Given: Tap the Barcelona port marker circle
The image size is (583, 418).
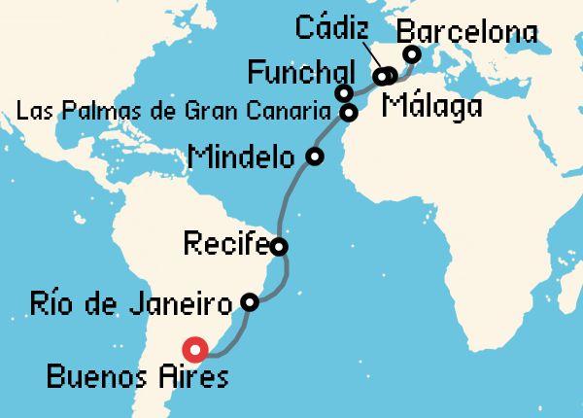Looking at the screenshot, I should pos(411,54).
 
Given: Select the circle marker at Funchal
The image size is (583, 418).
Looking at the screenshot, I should pos(343,93).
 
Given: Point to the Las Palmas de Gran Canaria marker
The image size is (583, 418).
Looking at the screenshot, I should pos(348,113).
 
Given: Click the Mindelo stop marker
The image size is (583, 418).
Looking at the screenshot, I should pos(314,156).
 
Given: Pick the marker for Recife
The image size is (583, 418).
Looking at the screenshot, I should pos(279,246).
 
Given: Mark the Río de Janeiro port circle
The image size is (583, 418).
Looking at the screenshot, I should pos(249,302).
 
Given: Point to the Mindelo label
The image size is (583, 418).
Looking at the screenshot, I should pos(243,156).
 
